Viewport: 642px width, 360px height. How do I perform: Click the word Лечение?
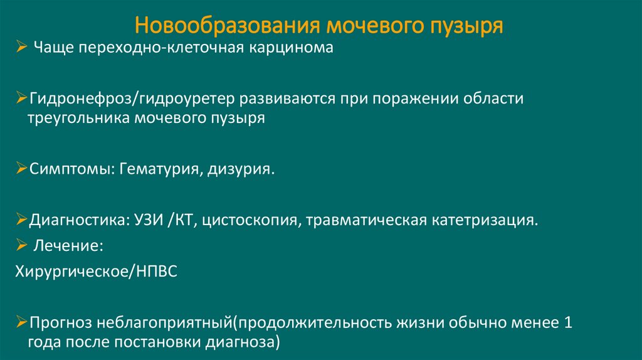[x=68, y=246]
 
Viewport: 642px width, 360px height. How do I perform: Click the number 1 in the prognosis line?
[x=568, y=323]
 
